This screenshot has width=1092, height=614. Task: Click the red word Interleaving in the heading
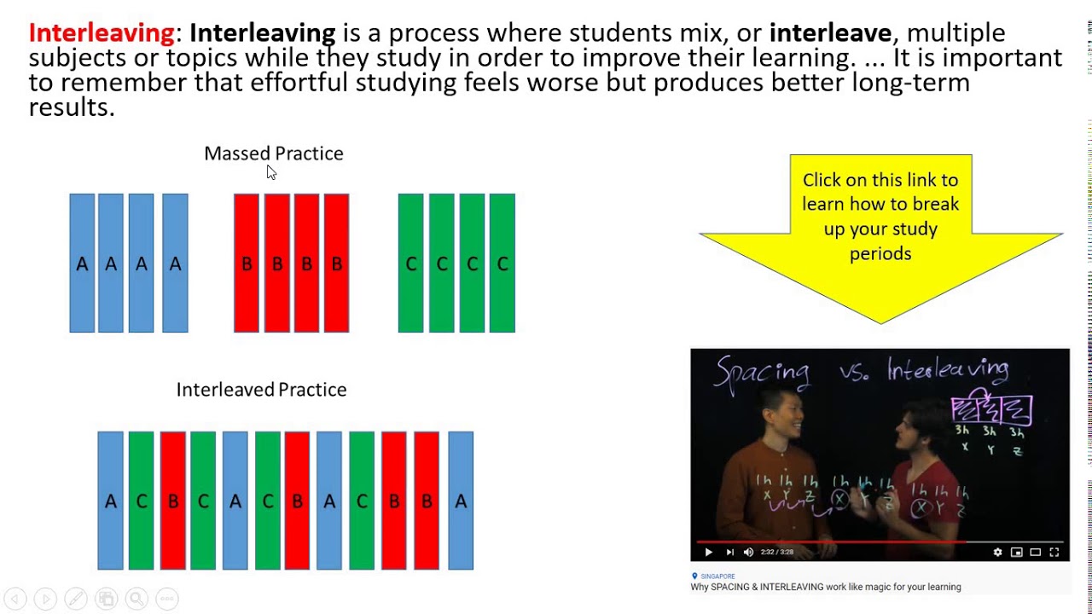click(101, 33)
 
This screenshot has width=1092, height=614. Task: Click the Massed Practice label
click(273, 153)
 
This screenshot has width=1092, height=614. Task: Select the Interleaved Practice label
click(261, 390)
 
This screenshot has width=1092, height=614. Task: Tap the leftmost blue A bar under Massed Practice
click(82, 263)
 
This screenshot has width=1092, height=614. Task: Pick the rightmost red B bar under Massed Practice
click(336, 263)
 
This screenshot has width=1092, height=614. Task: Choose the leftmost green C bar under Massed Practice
click(410, 263)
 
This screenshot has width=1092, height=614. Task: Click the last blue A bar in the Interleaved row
click(461, 501)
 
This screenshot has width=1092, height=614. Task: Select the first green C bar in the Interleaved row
click(142, 501)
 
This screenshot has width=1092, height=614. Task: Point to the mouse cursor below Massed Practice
click(270, 171)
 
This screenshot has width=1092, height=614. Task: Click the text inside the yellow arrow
click(880, 217)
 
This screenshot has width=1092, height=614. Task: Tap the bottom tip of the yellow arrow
click(881, 321)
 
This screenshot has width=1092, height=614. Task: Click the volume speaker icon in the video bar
click(748, 553)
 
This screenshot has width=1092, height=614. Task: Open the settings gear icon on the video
click(997, 553)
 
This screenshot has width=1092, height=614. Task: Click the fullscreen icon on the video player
click(1054, 553)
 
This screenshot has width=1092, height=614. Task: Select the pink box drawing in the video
click(991, 409)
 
